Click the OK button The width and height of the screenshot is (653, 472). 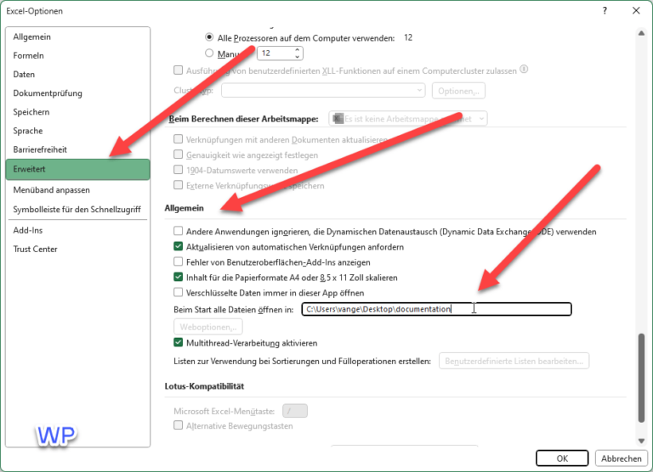562,458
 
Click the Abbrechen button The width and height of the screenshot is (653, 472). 622,458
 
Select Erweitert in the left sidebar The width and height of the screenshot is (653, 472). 77,169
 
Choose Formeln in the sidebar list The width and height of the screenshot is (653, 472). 29,56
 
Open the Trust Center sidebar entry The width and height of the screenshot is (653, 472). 36,249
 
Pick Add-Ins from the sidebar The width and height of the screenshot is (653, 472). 27,230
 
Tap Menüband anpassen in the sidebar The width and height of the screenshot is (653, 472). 51,189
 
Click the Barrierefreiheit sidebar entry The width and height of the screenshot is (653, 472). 40,149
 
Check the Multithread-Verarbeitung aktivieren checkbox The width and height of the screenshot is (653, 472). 179,343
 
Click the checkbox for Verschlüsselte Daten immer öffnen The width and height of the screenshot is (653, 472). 179,292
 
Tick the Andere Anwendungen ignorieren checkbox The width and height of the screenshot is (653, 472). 179,231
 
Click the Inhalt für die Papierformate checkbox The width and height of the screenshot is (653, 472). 179,277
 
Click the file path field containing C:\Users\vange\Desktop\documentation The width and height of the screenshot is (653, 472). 436,309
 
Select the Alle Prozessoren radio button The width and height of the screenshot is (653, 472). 209,37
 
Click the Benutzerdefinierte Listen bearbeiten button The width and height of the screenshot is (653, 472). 514,362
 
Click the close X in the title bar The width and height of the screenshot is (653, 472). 635,11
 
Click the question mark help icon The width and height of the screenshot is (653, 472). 604,11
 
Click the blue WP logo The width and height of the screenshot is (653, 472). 56,435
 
